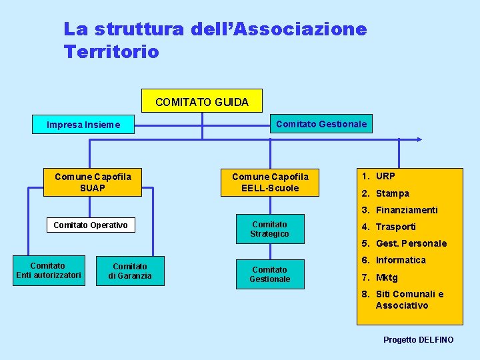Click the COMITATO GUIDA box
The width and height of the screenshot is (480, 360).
tap(202, 101)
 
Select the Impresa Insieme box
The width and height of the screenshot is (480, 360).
tap(84, 124)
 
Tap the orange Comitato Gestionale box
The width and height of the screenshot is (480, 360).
tap(321, 123)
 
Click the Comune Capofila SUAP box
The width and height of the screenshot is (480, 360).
tap(93, 182)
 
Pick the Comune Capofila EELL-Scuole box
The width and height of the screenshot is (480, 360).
tap(270, 182)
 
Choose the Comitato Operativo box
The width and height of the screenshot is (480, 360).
tap(91, 225)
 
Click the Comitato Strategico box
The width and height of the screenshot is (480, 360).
tap(269, 229)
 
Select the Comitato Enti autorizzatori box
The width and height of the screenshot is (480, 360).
tap(49, 270)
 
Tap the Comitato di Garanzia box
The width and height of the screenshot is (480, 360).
tap(132, 271)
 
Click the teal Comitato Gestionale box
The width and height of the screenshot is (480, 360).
tap(269, 274)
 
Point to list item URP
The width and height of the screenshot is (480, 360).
tap(385, 176)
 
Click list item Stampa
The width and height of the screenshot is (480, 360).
tap(392, 193)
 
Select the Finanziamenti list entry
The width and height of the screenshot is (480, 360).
tap(407, 210)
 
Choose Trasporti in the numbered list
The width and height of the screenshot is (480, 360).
tap(395, 227)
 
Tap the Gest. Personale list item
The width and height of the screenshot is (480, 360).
tap(411, 243)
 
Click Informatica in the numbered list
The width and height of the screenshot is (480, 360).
tap(401, 260)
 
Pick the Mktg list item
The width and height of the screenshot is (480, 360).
tap(387, 277)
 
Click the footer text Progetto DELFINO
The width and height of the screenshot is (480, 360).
tap(418, 340)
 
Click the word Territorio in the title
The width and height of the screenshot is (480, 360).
tap(111, 51)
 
